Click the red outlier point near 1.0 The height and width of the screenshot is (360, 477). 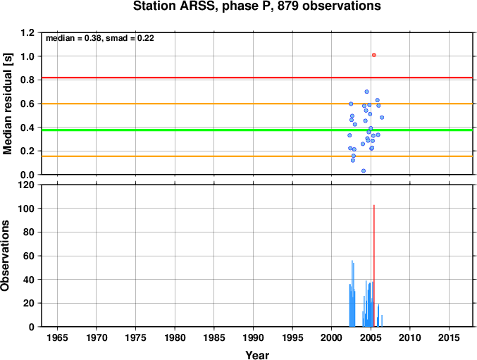pos(374,55)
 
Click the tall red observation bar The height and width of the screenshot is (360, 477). pos(374,266)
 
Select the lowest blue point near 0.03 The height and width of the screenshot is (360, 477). pos(364,171)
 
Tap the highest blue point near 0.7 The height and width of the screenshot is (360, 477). pos(366,92)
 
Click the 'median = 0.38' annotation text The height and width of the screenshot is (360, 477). pos(73,38)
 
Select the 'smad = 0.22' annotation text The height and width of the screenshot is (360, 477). pos(130,38)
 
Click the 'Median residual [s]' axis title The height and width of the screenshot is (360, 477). pos(7,104)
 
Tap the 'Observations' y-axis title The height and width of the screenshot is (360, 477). pos(5,256)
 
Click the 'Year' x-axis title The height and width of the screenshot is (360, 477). pos(257,355)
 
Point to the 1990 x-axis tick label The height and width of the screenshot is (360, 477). pos(253,337)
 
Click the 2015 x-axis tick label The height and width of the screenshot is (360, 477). pos(449,337)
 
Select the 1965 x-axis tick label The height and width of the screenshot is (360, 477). pos(57,337)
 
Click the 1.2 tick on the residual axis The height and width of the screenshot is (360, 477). pos(27,32)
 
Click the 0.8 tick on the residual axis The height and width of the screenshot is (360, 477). pos(27,80)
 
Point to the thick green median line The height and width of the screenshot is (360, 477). pos(257,130)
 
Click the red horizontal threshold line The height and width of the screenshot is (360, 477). pos(257,77)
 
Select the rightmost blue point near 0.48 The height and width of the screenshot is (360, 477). pos(382,118)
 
